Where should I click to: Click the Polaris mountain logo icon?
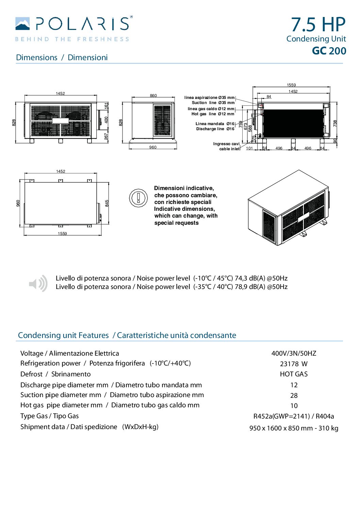22,24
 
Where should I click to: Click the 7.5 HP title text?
318,24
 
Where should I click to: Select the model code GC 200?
329,51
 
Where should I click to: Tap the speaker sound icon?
38,283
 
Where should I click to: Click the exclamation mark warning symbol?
138,198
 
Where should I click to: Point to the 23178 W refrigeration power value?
294,364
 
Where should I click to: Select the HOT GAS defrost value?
294,374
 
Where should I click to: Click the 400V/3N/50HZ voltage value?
294,353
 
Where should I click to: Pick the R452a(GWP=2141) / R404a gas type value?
294,416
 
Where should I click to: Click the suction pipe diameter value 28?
294,395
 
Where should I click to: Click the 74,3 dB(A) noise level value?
250,278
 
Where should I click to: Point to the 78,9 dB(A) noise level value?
250,287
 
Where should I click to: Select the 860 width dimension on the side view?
153,96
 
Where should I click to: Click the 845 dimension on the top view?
107,203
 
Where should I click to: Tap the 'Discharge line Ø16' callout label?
215,129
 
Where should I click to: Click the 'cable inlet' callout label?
229,149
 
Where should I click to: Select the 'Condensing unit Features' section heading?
63,335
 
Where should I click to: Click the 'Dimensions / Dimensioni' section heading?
62,57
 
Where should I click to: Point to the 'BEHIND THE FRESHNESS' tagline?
72,39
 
